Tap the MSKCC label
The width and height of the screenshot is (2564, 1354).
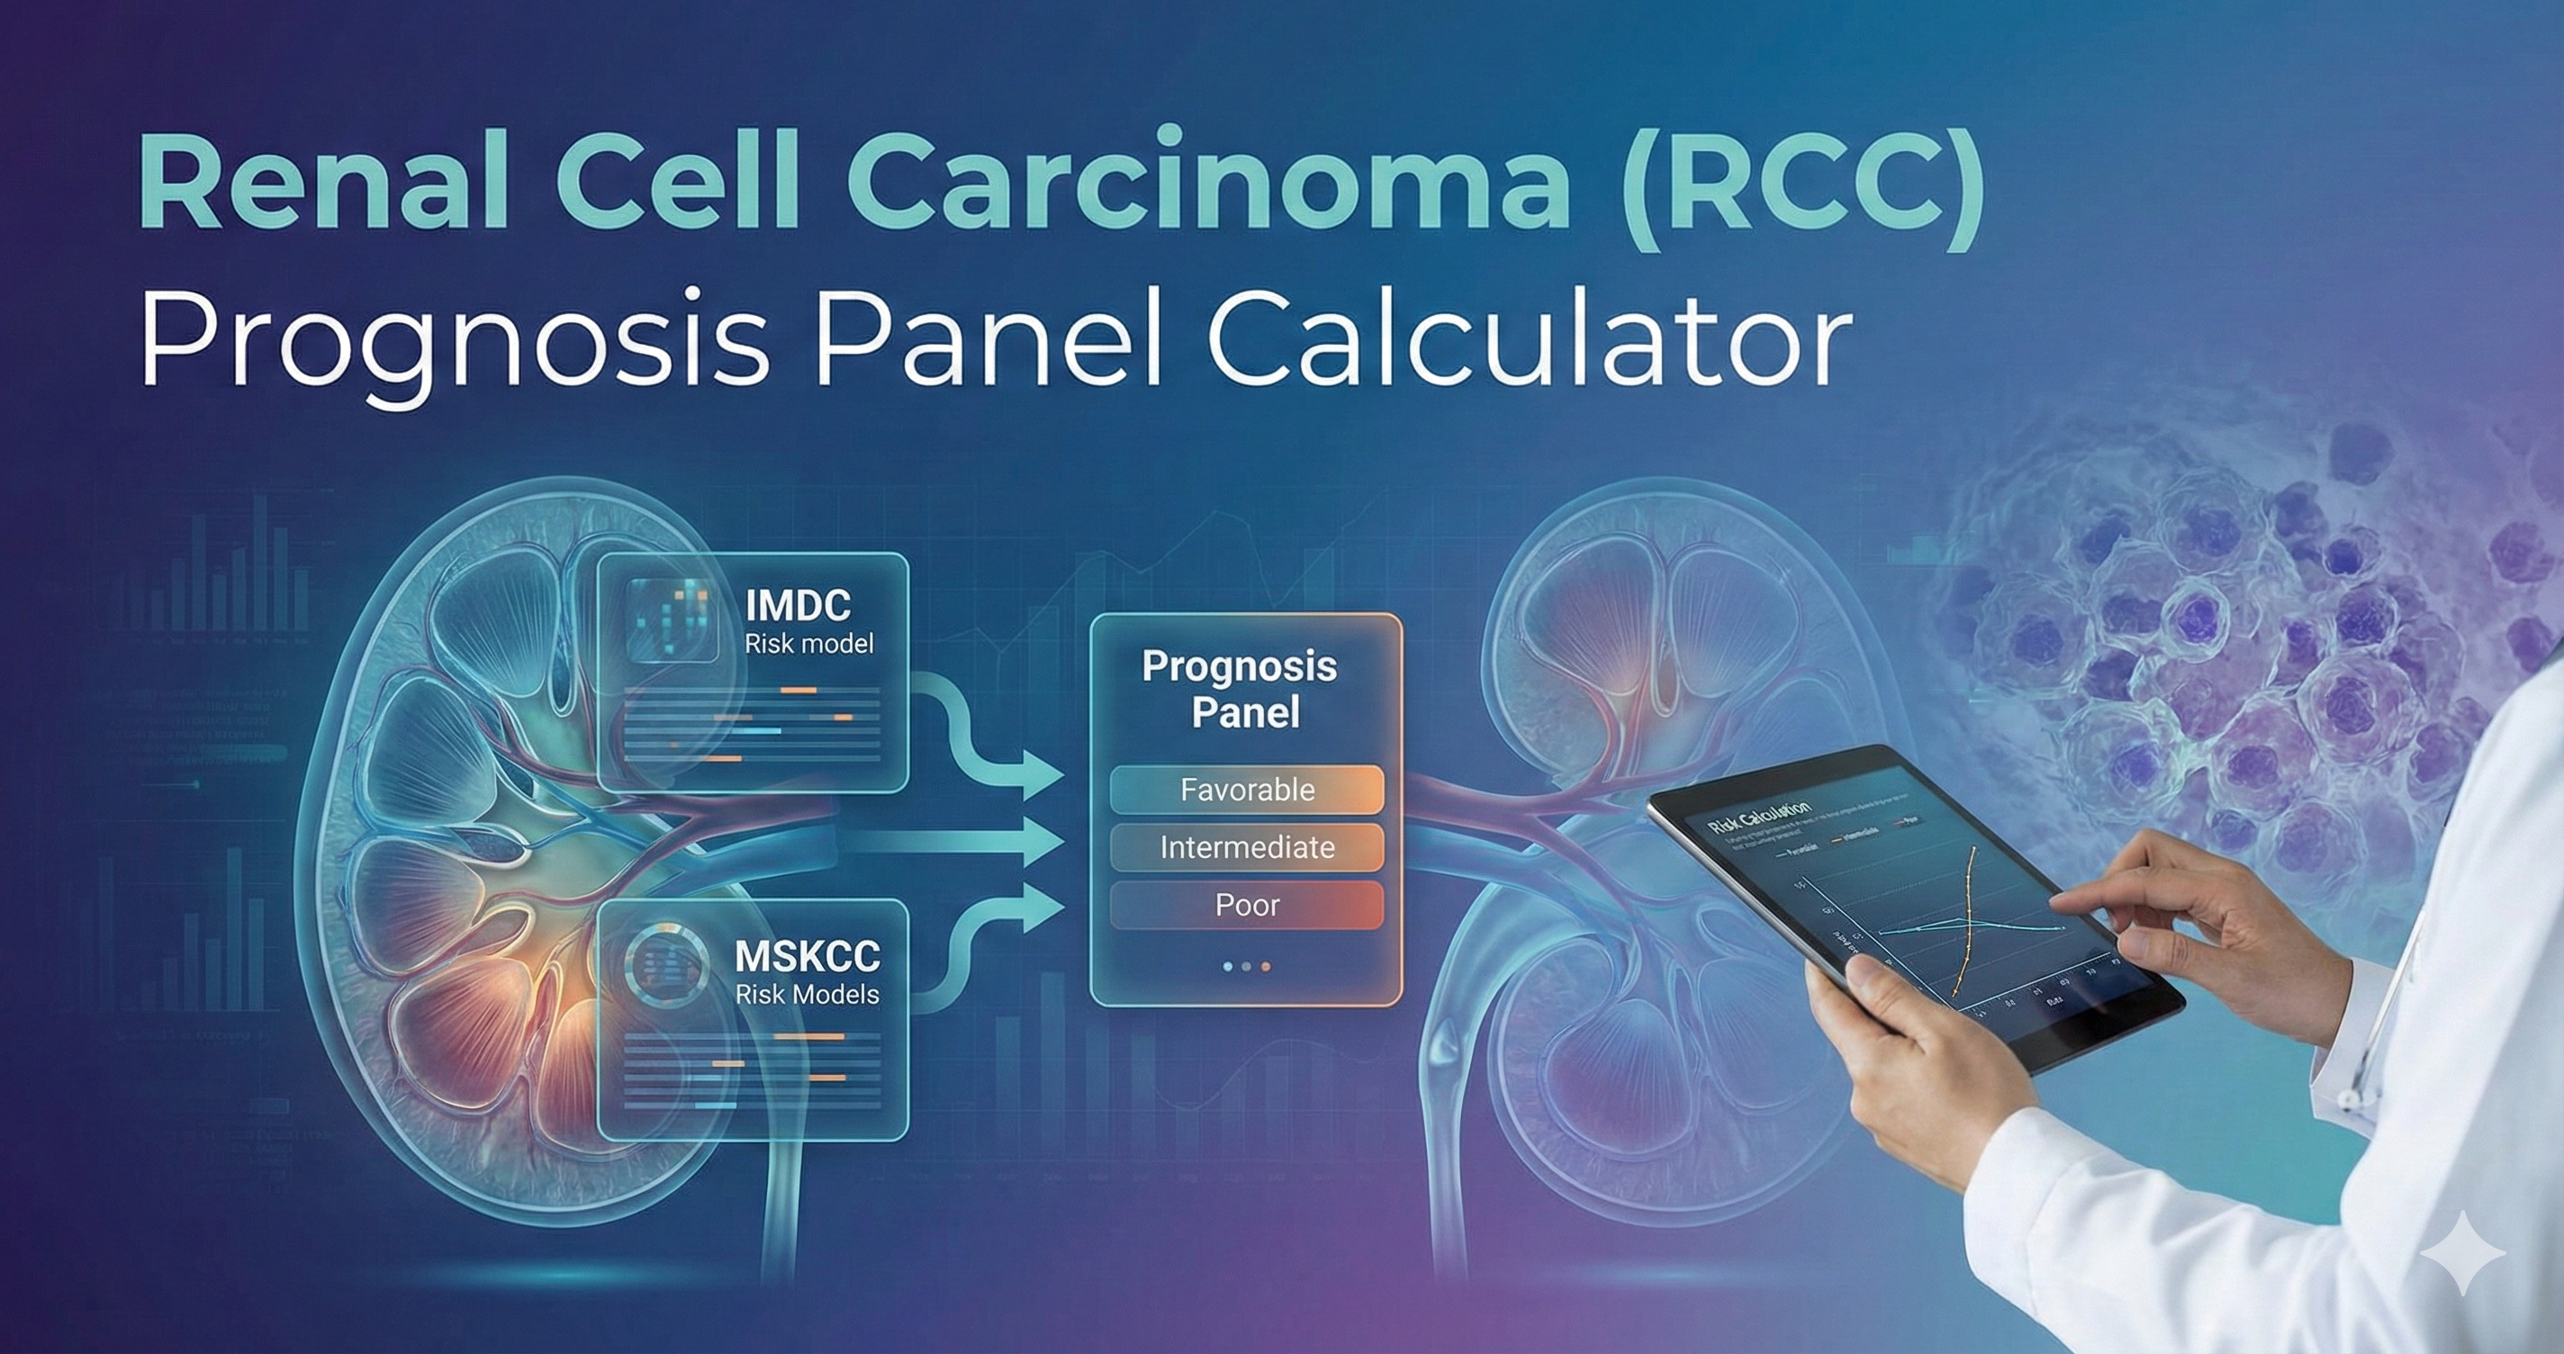(x=808, y=957)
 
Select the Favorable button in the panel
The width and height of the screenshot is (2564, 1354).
(x=1247, y=790)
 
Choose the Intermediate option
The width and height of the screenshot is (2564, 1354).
(x=1247, y=847)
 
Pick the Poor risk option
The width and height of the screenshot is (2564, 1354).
(x=1247, y=905)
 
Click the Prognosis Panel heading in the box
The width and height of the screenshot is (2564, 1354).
(x=1241, y=689)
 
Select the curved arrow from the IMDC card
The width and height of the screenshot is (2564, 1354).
(x=971, y=736)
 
